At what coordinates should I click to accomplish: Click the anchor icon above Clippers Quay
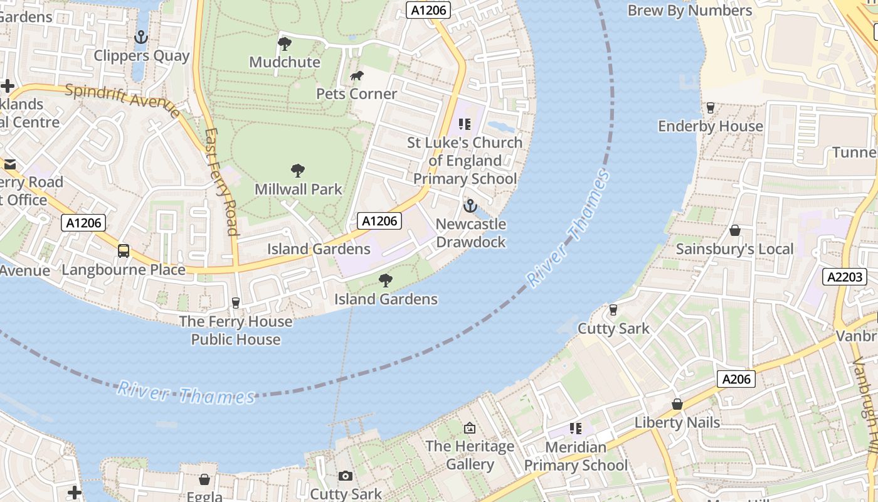tap(141, 38)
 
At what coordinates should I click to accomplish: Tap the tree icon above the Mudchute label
tap(284, 44)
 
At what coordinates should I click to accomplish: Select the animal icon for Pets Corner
tap(357, 76)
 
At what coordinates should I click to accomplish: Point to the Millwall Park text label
tap(299, 189)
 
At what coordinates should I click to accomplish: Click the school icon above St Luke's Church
tap(464, 124)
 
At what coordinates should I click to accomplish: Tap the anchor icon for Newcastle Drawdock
tap(470, 206)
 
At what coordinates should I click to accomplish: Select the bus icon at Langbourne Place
tap(124, 251)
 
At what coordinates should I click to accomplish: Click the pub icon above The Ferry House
tap(236, 303)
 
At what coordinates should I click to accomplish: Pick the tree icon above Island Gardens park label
tap(386, 280)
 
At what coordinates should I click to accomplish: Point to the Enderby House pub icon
tap(710, 108)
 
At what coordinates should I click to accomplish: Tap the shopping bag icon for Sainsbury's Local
tap(734, 231)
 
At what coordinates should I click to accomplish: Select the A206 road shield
tap(736, 379)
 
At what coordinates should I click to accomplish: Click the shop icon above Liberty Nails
tap(677, 404)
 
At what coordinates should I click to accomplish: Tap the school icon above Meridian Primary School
tap(575, 429)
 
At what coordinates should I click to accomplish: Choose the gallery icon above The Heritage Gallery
tap(469, 428)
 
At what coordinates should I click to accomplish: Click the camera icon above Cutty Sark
tap(345, 476)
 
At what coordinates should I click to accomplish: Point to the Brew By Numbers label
tap(690, 11)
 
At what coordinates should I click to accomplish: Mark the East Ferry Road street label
tap(222, 182)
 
